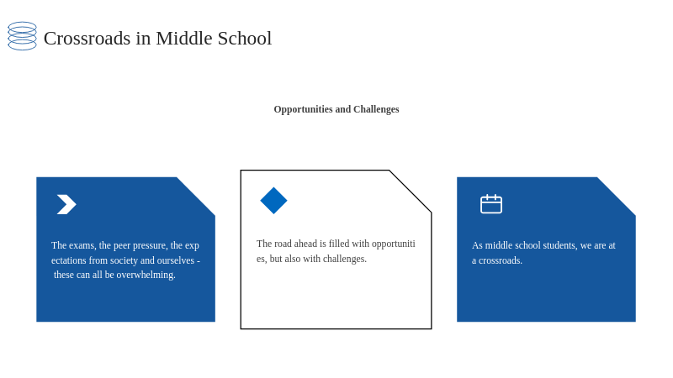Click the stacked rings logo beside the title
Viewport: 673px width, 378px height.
[23, 36]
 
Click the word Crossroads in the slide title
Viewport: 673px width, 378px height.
[87, 38]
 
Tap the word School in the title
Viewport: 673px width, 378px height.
[245, 38]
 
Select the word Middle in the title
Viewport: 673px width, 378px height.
[184, 38]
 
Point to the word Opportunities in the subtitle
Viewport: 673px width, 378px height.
[304, 109]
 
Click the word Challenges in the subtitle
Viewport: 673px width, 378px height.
[376, 109]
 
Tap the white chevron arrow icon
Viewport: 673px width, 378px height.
[66, 204]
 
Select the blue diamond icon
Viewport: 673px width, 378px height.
[274, 201]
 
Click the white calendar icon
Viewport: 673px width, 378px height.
[491, 204]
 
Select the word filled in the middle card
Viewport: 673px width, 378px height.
[339, 244]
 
